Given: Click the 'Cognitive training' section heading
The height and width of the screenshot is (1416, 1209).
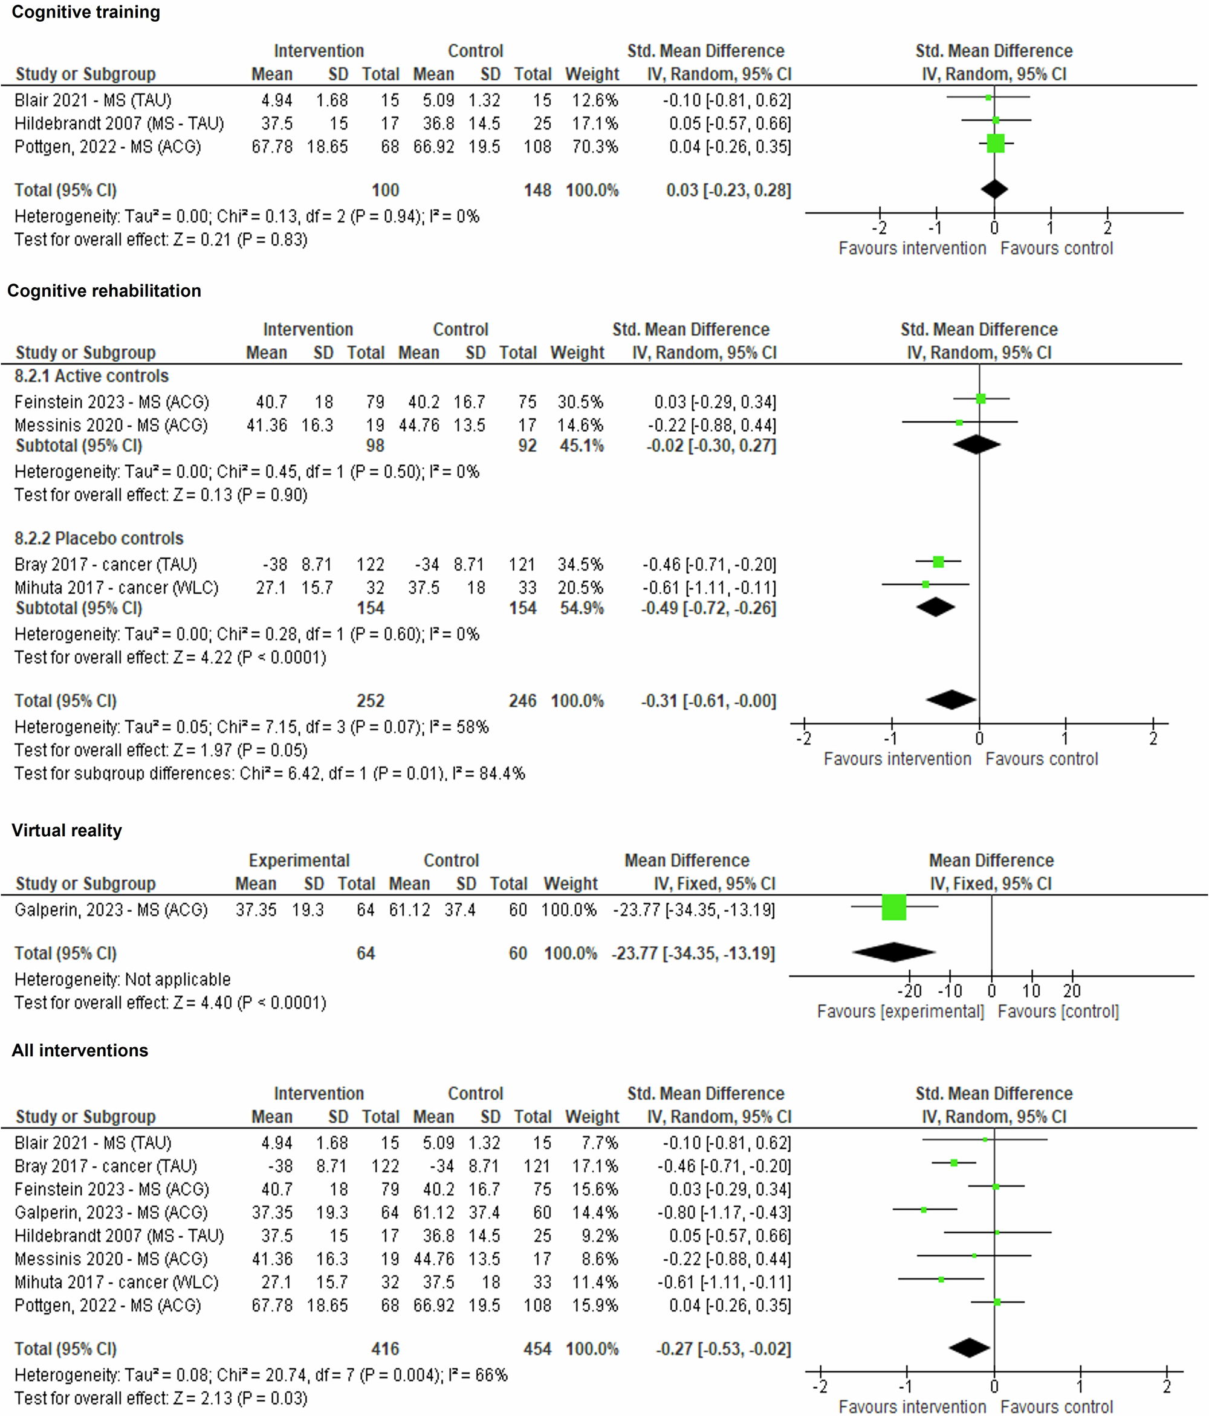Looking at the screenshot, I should pos(86,12).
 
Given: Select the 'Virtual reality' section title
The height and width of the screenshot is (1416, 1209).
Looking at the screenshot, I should pos(66,830).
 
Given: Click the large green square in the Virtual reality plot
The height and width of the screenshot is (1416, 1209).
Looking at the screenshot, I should pos(894,907).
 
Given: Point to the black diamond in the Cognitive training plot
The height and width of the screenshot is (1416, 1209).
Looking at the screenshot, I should pos(994,189).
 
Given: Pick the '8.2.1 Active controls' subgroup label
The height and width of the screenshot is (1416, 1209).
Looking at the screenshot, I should pos(91,376).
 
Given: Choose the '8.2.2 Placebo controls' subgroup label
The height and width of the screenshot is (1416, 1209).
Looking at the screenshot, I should pos(99,539).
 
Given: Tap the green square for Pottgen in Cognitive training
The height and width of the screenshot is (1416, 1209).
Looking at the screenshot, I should pos(996,143).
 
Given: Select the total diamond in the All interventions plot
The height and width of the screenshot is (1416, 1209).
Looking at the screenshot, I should pos(969,1347).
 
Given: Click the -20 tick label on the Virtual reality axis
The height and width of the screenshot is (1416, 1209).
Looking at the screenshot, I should pos(909,991).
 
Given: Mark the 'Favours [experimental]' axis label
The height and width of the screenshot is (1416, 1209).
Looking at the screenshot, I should pos(900,1012).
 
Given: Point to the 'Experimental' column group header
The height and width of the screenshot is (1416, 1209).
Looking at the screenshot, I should pos(299,860).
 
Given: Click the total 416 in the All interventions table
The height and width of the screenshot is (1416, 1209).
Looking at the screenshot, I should pos(385,1349).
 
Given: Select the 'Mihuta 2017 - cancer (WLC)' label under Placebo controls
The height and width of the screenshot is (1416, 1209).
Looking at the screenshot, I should pos(116,588).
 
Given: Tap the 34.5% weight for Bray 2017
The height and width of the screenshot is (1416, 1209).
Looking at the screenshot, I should pos(580,565).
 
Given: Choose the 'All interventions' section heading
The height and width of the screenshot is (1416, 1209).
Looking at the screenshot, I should pos(80,1050).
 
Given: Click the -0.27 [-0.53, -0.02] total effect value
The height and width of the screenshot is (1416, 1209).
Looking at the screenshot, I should pos(723,1349).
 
